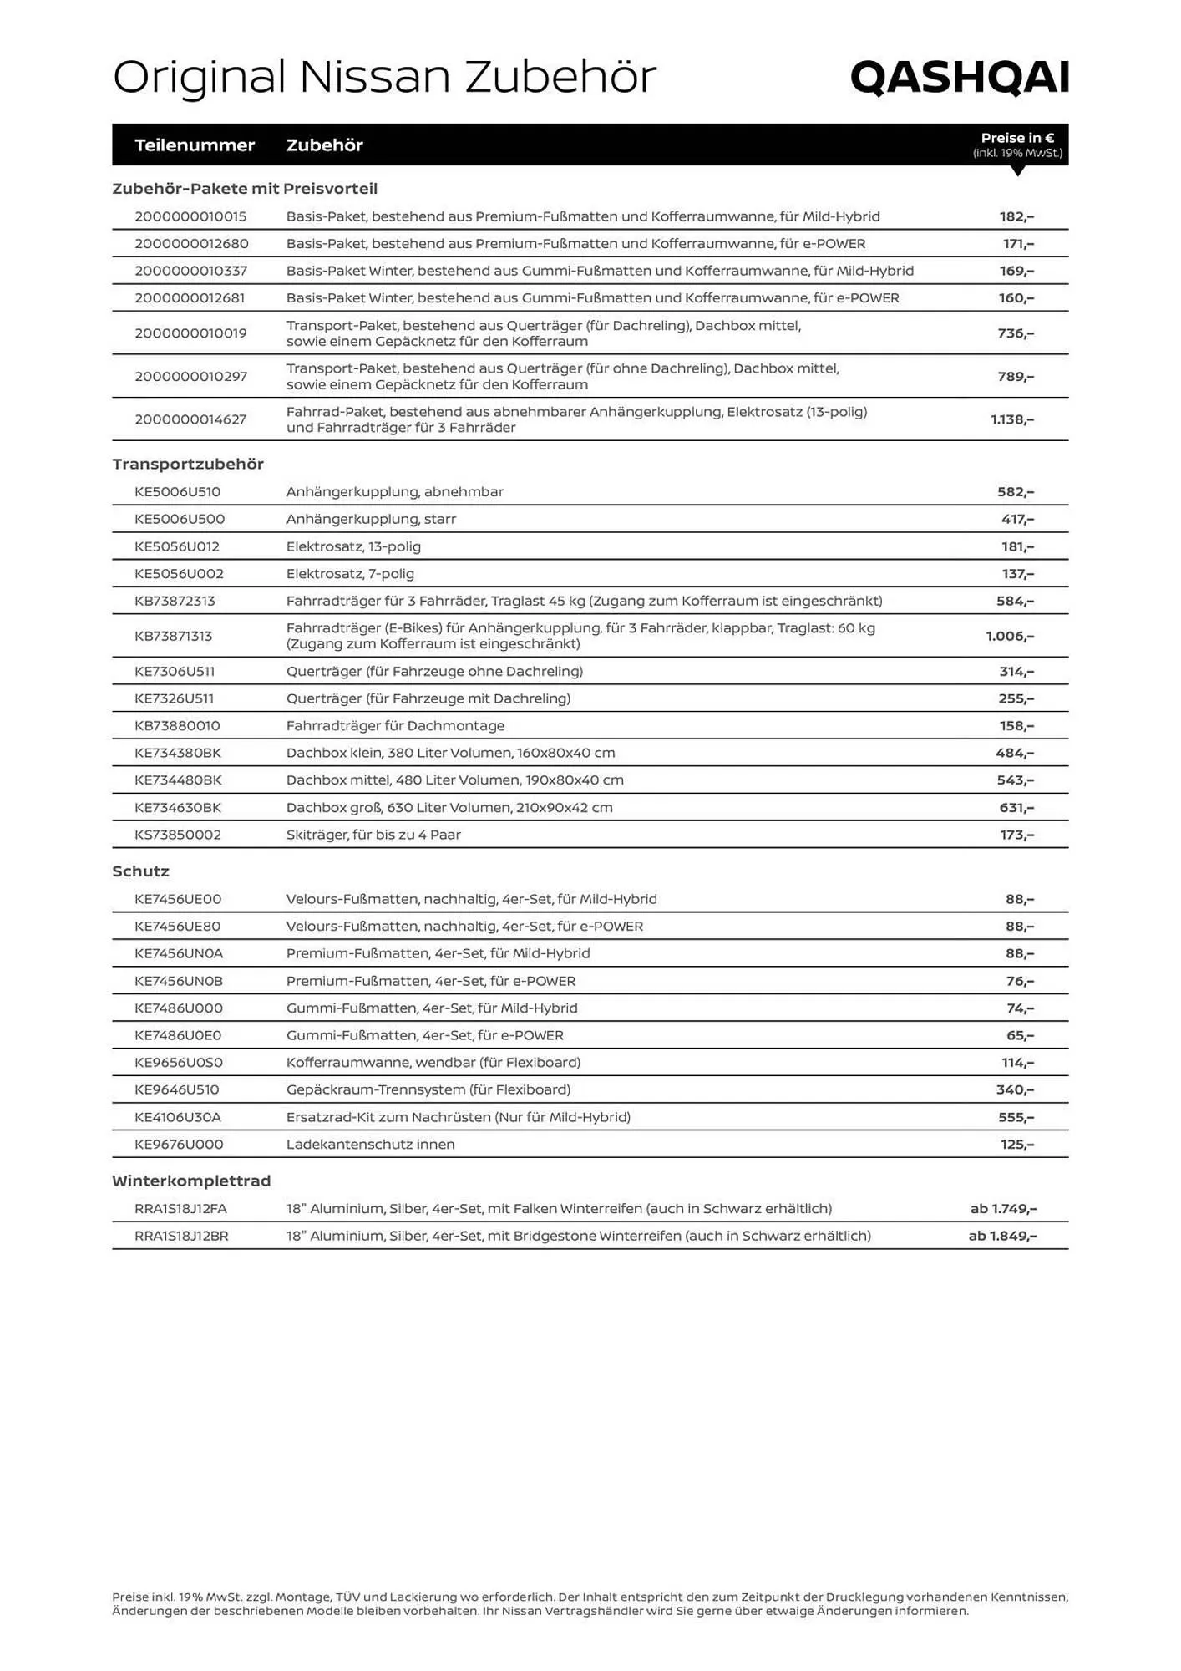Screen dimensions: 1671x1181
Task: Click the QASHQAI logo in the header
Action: [x=959, y=78]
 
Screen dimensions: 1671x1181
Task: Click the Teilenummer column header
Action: [x=195, y=145]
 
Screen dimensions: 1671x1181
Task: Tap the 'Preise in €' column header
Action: [x=1017, y=139]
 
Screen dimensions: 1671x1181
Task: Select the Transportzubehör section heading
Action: [x=188, y=465]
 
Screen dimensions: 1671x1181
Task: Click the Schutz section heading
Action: [x=140, y=871]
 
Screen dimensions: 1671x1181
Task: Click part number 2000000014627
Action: [x=190, y=419]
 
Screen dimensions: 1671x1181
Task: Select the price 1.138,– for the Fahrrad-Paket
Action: [x=1012, y=419]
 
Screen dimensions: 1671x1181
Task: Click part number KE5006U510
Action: [x=178, y=492]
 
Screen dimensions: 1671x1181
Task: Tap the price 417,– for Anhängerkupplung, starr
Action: [x=1017, y=520]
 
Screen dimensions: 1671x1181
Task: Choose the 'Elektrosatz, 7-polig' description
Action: [x=350, y=574]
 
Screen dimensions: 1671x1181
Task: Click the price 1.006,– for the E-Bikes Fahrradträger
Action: [x=1010, y=637]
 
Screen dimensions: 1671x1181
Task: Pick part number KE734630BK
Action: [x=178, y=808]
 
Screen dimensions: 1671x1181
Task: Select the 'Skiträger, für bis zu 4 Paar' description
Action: [x=373, y=835]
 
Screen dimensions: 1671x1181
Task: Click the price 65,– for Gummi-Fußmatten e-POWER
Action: [x=1020, y=1035]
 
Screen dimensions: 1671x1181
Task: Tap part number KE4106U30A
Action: [x=178, y=1117]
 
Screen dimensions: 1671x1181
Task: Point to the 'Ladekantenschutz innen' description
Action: [x=370, y=1145]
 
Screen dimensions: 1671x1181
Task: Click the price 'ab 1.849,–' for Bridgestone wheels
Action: [x=1002, y=1236]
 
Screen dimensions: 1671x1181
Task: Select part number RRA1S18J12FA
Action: [x=180, y=1209]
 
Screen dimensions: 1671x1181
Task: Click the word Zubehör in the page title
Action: [x=560, y=78]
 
